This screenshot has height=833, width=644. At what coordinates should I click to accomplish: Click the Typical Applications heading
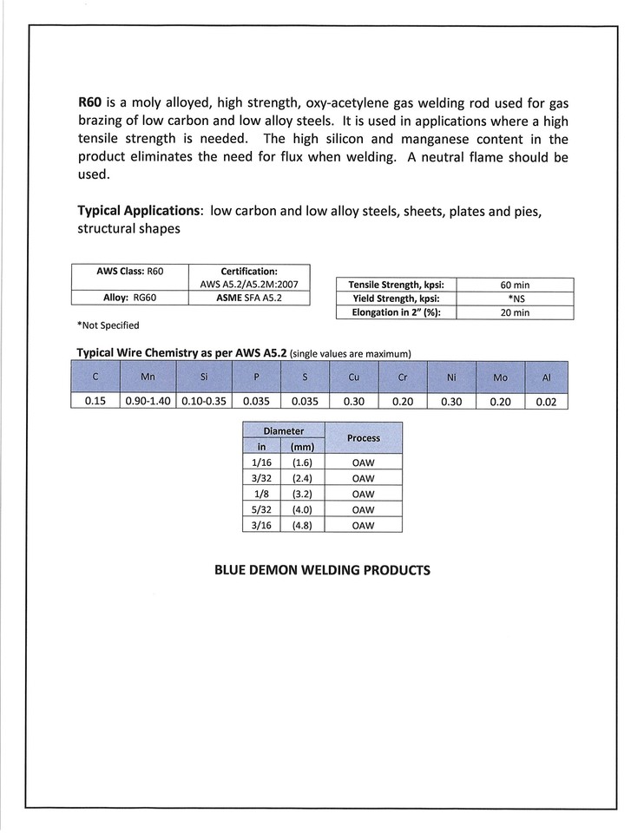(138, 211)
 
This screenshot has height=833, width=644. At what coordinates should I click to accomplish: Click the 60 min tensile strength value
(515, 285)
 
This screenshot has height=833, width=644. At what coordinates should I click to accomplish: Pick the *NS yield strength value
(515, 298)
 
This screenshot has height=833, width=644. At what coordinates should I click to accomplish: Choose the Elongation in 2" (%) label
(396, 312)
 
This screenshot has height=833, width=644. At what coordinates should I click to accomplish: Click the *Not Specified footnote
(108, 325)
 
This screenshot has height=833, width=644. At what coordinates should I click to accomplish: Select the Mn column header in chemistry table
(148, 377)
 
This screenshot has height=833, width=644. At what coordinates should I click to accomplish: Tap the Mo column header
(501, 377)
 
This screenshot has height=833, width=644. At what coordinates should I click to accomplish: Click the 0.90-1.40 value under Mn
(148, 402)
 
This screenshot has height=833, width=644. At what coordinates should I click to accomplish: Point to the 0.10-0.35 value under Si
(204, 402)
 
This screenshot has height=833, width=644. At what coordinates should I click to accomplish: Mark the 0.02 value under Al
(546, 402)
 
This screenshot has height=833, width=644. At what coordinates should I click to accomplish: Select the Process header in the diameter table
(364, 438)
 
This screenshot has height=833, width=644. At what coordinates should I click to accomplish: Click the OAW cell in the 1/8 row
(364, 493)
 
